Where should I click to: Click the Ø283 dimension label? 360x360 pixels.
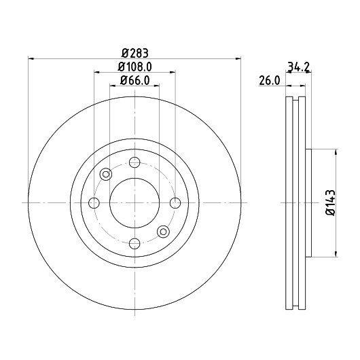[134, 53]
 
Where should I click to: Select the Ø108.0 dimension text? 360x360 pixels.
[134, 67]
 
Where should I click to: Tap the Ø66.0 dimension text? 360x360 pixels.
[134, 80]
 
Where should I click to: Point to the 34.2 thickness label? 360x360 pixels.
[298, 67]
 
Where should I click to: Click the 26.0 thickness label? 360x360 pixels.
[270, 80]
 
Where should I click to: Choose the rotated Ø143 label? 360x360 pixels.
[331, 202]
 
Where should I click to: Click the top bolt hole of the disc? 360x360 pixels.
[134, 162]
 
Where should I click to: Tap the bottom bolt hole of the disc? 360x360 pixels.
[134, 243]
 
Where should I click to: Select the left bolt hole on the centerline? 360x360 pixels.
[94, 203]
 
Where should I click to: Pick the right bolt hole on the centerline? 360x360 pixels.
[175, 203]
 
